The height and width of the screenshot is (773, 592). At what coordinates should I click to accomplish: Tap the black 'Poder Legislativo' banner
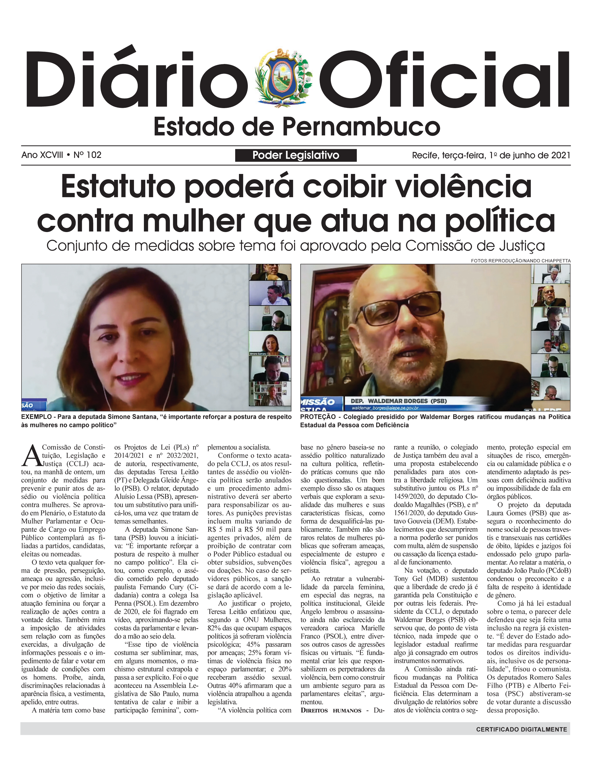296,155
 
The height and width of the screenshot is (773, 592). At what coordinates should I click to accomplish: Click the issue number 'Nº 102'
88,155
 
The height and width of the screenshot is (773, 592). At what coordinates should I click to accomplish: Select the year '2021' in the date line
560,155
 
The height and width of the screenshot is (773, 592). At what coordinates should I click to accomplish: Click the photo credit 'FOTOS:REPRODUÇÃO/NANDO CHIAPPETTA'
521,261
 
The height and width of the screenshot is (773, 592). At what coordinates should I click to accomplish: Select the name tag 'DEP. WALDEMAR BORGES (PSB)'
398,401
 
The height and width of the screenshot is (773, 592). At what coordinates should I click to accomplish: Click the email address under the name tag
385,408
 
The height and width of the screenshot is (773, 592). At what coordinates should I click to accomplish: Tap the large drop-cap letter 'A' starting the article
31,455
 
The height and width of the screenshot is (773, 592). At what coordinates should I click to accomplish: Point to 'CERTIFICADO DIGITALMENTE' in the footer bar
521,729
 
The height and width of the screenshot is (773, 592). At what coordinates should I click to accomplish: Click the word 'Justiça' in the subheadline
524,246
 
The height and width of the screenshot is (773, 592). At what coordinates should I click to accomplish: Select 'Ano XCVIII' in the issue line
42,155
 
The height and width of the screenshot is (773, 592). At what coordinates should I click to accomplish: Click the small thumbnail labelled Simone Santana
270,344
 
